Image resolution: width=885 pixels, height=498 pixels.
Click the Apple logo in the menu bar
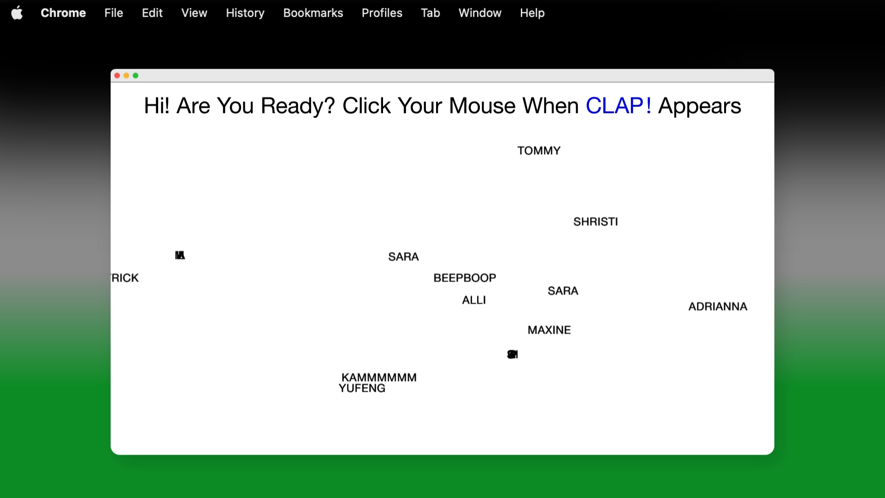click(x=17, y=13)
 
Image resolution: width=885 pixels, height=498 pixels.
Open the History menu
click(x=245, y=13)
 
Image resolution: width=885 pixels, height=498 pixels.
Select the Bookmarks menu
click(x=313, y=13)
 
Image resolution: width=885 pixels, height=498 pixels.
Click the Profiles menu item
click(x=382, y=13)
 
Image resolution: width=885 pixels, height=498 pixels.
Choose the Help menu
click(x=532, y=13)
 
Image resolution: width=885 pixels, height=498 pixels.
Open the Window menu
click(x=479, y=13)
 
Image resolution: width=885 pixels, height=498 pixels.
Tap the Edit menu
click(x=152, y=13)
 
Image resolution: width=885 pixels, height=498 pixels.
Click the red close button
click(x=117, y=76)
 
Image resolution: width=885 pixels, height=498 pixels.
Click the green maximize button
click(x=136, y=76)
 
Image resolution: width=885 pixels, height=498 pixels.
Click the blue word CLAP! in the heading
click(x=618, y=106)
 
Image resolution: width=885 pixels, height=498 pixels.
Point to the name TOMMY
click(x=538, y=151)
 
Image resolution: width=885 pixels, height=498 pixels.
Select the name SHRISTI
click(x=595, y=222)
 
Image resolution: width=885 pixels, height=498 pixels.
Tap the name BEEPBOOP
click(x=465, y=278)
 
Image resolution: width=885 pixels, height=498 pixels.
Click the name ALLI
click(x=474, y=300)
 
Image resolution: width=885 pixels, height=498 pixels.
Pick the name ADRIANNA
click(x=717, y=307)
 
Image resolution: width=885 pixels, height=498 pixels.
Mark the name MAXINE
click(x=549, y=330)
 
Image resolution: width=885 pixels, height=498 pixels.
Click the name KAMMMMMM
click(x=379, y=377)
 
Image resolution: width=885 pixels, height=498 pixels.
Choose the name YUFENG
click(x=362, y=389)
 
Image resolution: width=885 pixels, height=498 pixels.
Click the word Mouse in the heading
click(x=482, y=106)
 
